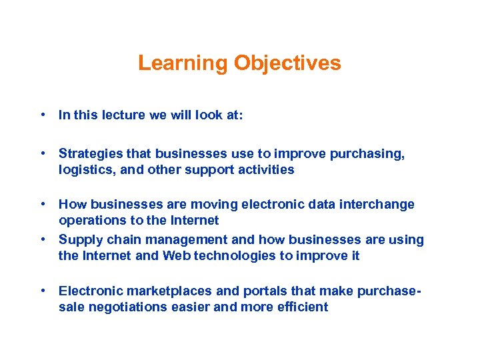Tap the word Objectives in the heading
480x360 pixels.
(x=287, y=63)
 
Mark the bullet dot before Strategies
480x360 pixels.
(x=43, y=154)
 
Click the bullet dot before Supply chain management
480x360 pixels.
(x=43, y=239)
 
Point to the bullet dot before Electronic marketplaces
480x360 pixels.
(x=43, y=291)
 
